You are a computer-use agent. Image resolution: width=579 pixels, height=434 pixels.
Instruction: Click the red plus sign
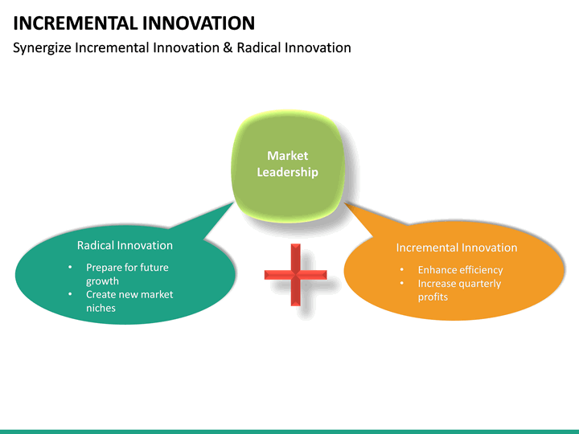point(295,275)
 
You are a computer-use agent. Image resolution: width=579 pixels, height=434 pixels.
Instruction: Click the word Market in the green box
point(287,156)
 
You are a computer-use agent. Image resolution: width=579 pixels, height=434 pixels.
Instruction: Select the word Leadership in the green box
point(287,172)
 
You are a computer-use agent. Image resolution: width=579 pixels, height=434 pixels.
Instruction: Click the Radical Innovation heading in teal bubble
point(125,245)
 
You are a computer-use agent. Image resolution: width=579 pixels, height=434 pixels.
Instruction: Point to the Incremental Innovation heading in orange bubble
point(456,248)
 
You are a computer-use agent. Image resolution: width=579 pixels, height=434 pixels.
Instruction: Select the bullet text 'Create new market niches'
point(129,301)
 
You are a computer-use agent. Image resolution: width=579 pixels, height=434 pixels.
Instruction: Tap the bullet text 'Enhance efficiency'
point(460,270)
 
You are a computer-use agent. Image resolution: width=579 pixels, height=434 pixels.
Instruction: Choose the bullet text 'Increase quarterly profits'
point(458,290)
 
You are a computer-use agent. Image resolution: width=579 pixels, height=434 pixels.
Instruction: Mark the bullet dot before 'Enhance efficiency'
point(401,270)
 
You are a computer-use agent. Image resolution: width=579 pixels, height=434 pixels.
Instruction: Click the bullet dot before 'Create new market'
point(70,294)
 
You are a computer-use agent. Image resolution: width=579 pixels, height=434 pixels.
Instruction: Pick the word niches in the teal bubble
point(101,308)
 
